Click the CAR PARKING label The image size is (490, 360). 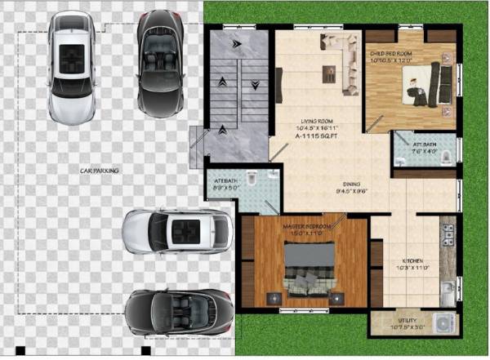pyautogui.click(x=100, y=171)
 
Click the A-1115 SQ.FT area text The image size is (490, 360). pyautogui.click(x=315, y=136)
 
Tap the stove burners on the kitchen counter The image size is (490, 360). pyautogui.click(x=447, y=234)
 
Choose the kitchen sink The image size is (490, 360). pyautogui.click(x=447, y=290)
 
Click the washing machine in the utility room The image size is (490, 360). pyautogui.click(x=444, y=322)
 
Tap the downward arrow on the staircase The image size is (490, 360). pyautogui.click(x=255, y=84)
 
